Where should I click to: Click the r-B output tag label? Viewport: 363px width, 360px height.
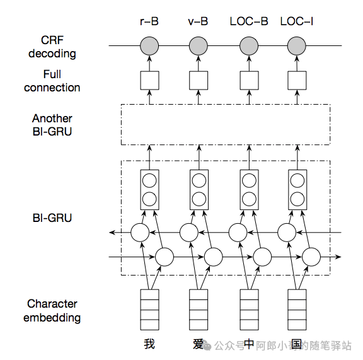[x=149, y=21]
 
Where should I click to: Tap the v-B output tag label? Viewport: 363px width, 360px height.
[x=198, y=21]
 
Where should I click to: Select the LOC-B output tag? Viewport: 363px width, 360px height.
[x=249, y=21]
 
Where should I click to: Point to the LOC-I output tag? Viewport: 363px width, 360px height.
[x=297, y=21]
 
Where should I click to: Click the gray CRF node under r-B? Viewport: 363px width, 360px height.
[x=149, y=46]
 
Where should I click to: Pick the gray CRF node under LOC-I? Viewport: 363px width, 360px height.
[x=297, y=46]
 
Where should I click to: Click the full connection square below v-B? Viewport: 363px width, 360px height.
[x=199, y=81]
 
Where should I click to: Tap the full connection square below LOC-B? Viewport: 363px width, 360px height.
[x=249, y=81]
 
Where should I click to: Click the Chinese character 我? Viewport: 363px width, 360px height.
[x=149, y=344]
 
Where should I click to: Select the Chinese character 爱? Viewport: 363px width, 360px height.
[x=198, y=344]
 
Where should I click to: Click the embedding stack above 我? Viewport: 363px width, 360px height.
[x=149, y=310]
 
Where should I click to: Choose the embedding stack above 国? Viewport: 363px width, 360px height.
[x=297, y=310]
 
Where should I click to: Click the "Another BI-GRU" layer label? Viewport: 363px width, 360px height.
[x=52, y=125]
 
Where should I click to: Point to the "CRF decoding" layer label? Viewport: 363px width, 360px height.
[x=52, y=47]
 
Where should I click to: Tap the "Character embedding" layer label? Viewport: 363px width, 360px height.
[x=52, y=311]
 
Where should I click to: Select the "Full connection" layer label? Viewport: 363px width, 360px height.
[x=52, y=81]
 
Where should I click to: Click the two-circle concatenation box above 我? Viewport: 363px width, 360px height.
[x=149, y=190]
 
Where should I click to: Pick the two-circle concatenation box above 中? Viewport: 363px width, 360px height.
[x=250, y=190]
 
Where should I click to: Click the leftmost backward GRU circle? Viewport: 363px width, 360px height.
[x=140, y=233]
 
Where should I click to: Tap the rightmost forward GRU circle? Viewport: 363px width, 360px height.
[x=311, y=257]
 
